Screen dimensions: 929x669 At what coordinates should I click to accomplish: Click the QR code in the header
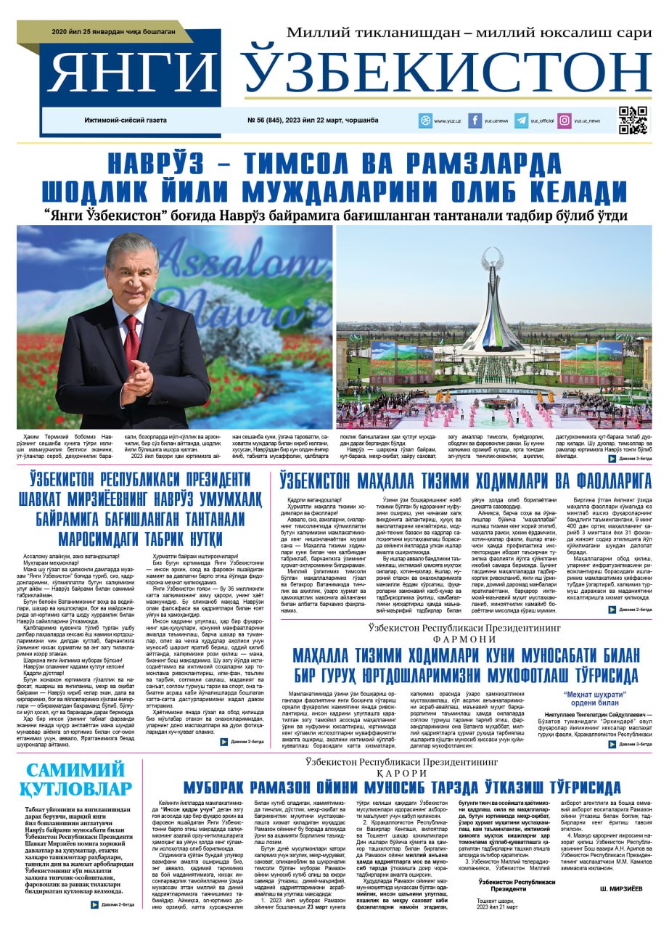point(633,120)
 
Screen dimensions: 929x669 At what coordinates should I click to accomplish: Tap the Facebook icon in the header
point(475,120)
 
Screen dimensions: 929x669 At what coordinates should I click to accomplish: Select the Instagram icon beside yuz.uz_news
point(564,120)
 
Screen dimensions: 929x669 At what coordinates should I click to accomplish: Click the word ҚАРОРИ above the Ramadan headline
point(404,774)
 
